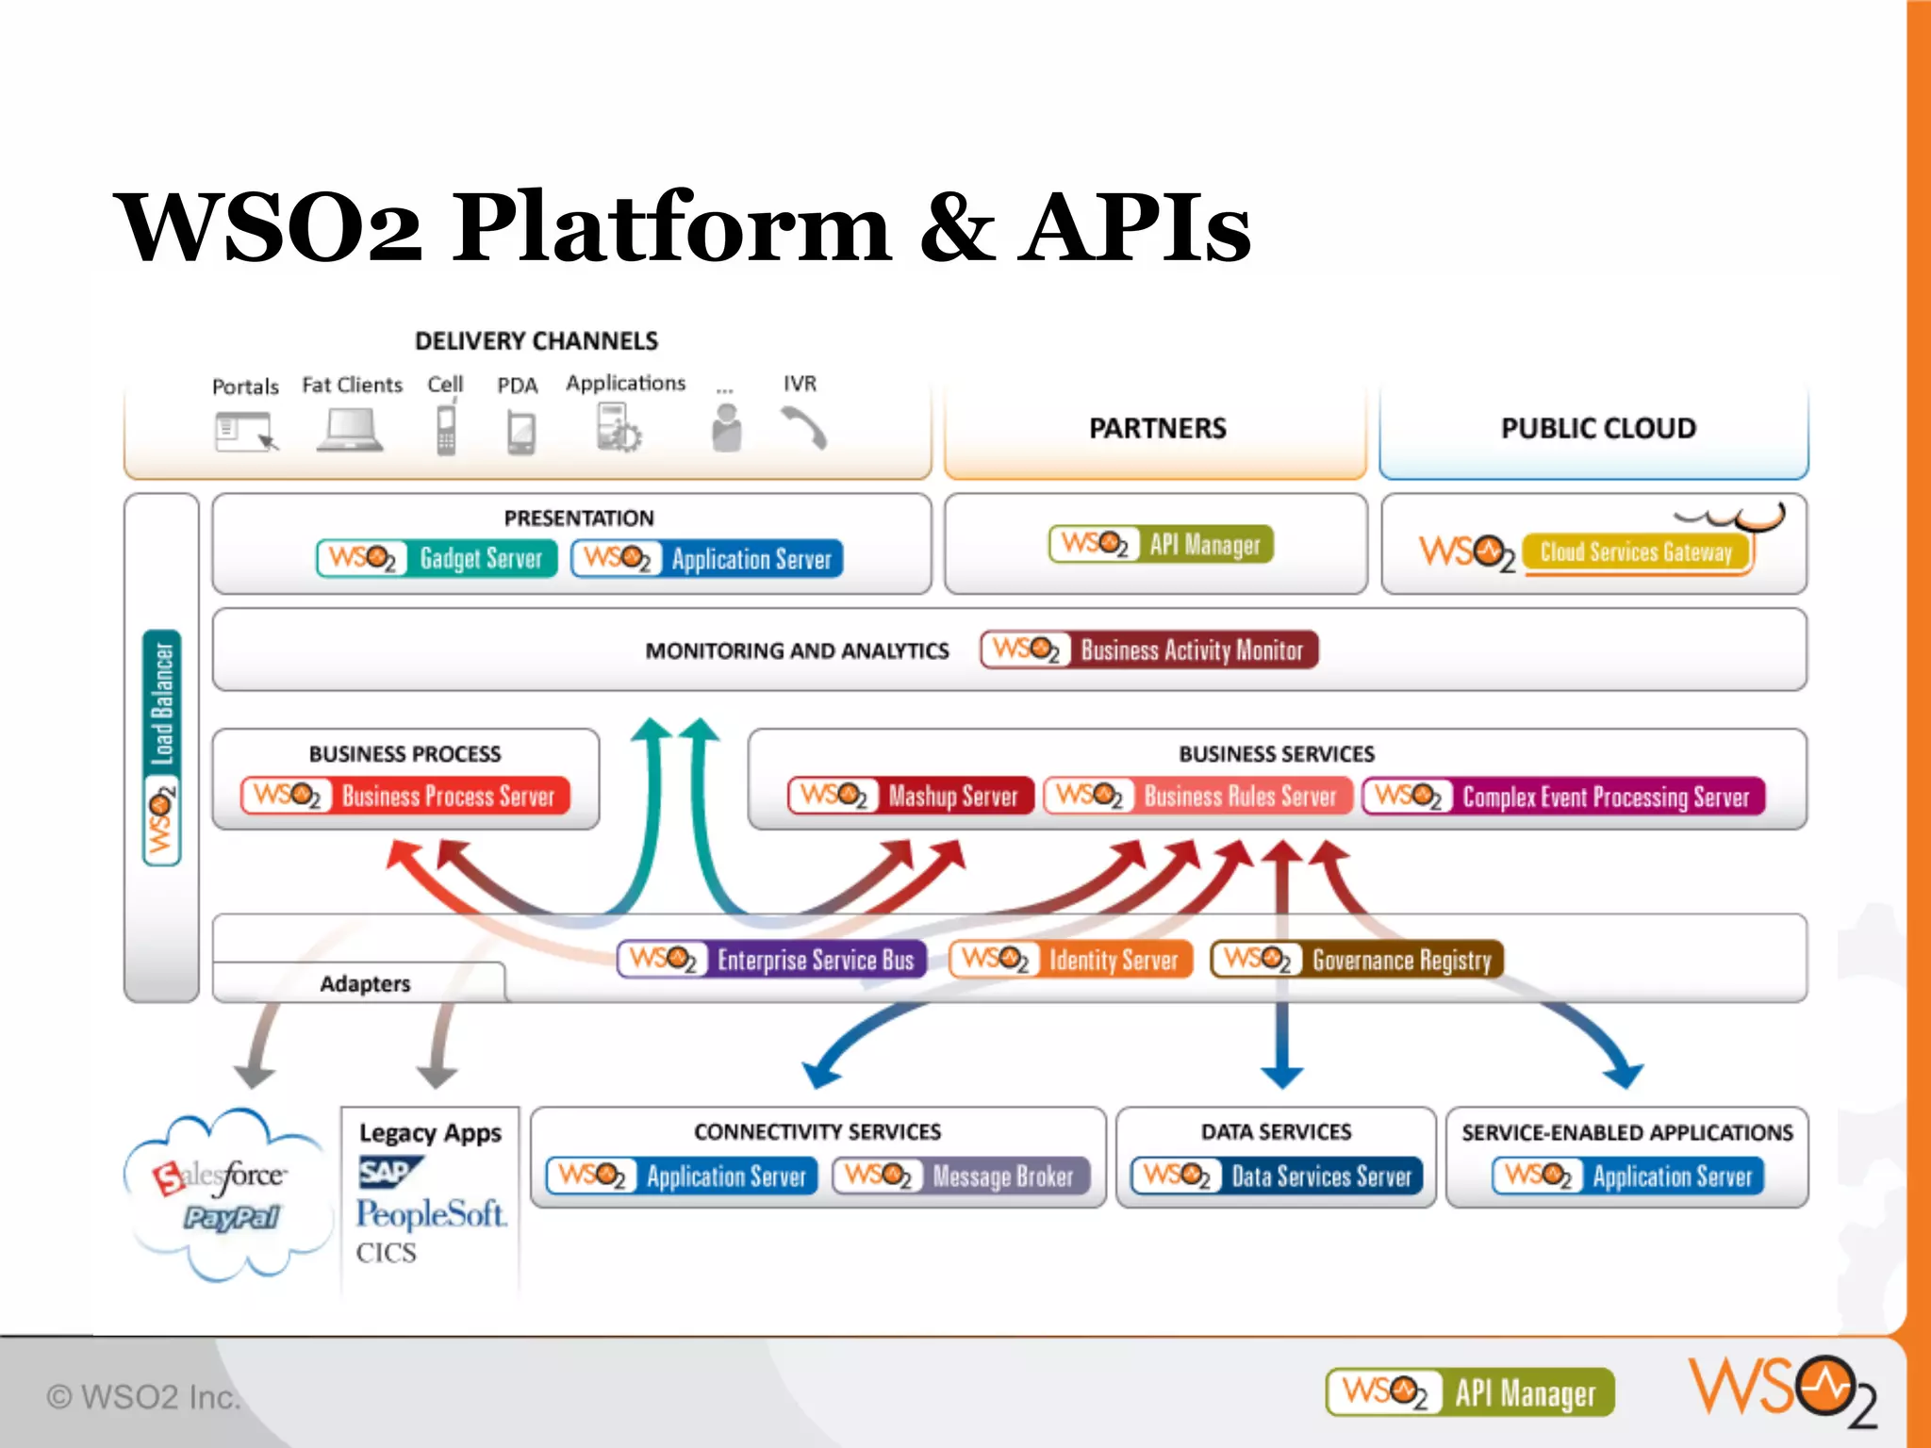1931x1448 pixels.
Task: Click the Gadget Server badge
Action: (437, 558)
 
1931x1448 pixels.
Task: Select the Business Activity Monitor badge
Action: (1148, 650)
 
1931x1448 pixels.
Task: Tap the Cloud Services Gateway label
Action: (1636, 552)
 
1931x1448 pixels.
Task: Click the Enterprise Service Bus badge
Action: (771, 960)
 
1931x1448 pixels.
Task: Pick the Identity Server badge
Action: (1070, 960)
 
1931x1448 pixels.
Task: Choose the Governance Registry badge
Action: (1356, 960)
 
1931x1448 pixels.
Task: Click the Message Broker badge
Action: (961, 1176)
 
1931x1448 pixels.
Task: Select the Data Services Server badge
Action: (1277, 1176)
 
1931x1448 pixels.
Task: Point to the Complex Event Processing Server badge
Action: (1563, 797)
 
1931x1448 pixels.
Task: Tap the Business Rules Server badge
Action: (1197, 797)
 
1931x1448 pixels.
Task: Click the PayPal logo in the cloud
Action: (231, 1218)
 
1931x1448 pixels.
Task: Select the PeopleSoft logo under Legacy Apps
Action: (431, 1214)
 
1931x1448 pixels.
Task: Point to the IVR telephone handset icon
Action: (803, 427)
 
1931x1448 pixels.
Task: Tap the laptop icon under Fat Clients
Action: (350, 430)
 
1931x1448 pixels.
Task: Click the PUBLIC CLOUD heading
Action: (1598, 428)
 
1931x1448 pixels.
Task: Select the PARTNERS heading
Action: (1157, 428)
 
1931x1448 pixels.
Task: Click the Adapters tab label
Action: (365, 983)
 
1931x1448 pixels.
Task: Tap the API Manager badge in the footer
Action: (1470, 1392)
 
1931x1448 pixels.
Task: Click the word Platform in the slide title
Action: (670, 228)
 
